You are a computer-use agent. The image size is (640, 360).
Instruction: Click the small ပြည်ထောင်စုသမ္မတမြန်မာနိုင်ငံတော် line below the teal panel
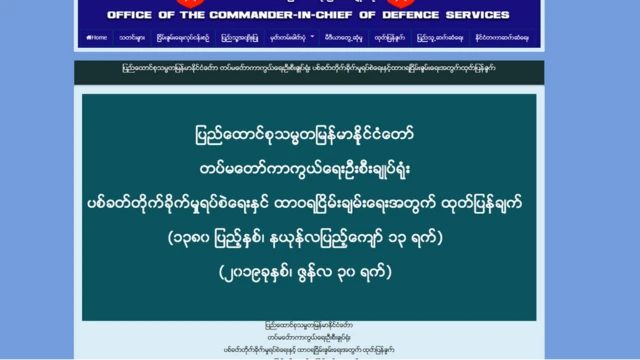click(x=308, y=327)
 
